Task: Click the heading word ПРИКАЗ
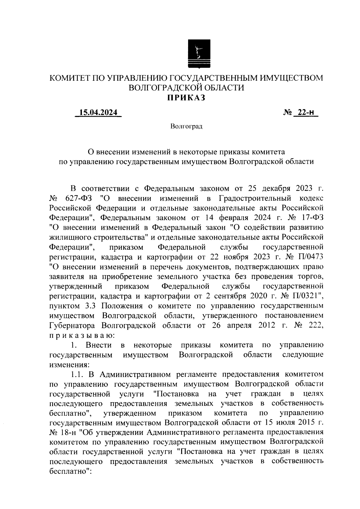pos(186,98)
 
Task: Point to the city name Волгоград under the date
pos(186,127)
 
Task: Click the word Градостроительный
pos(255,199)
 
